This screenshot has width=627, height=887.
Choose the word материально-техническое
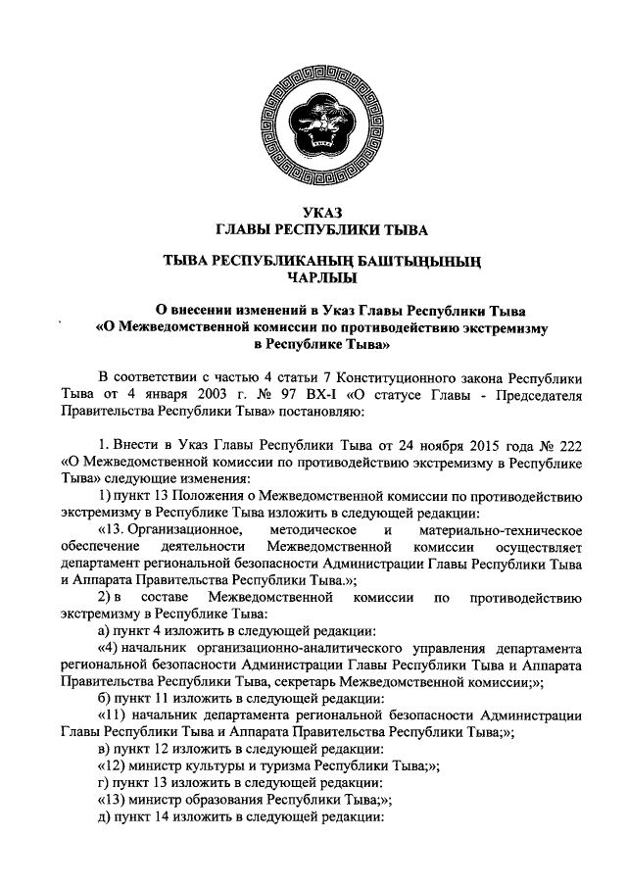511,529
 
